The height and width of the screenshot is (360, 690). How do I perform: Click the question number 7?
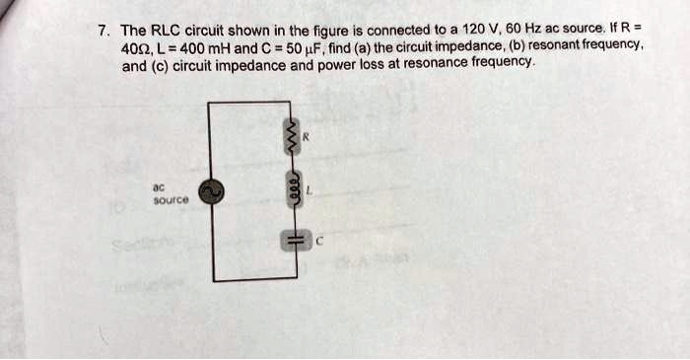click(x=102, y=29)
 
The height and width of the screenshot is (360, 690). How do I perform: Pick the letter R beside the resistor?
click(x=307, y=137)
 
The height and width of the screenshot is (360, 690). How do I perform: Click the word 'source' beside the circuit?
click(x=166, y=199)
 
